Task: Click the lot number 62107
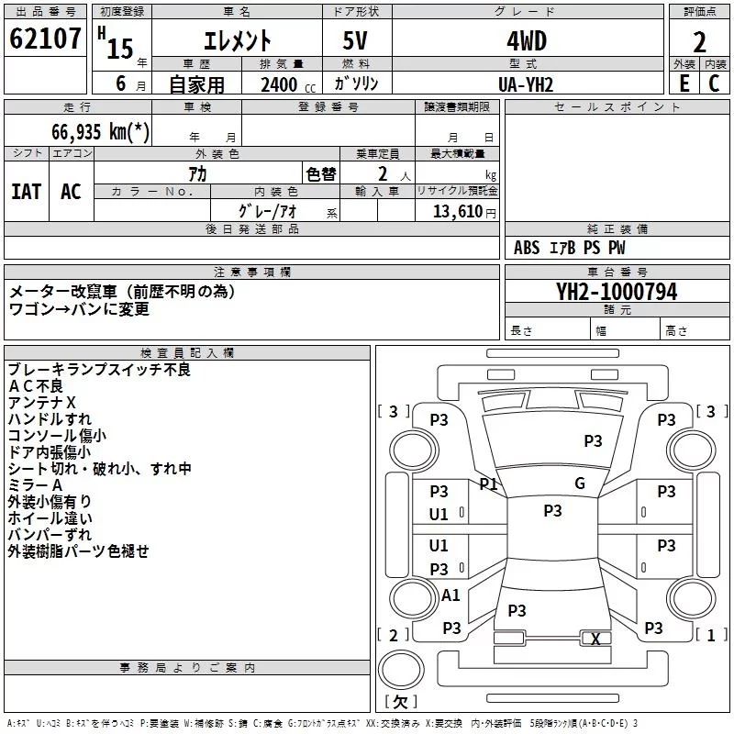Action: pyautogui.click(x=45, y=39)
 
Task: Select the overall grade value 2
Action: pyautogui.click(x=699, y=42)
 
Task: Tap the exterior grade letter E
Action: pyautogui.click(x=684, y=83)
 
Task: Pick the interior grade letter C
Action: pyautogui.click(x=714, y=83)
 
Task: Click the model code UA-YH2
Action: pyautogui.click(x=526, y=84)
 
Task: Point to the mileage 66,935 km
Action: pyautogui.click(x=101, y=131)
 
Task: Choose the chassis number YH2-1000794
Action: pyautogui.click(x=617, y=292)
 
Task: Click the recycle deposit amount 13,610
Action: pyautogui.click(x=458, y=212)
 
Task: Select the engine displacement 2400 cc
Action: pyautogui.click(x=288, y=85)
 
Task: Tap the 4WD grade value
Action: pyautogui.click(x=527, y=41)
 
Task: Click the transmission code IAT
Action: pyautogui.click(x=27, y=192)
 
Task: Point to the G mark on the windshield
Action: pyautogui.click(x=580, y=484)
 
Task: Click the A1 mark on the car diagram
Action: pyautogui.click(x=450, y=595)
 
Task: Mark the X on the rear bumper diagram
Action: pyautogui.click(x=595, y=639)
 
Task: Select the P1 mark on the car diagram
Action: pyautogui.click(x=488, y=484)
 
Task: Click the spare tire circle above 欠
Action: pyautogui.click(x=401, y=670)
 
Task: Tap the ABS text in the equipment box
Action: pyautogui.click(x=527, y=248)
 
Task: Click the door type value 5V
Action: pyautogui.click(x=355, y=41)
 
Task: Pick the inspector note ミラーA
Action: pyautogui.click(x=35, y=485)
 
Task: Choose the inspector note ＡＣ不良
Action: pyautogui.click(x=35, y=386)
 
